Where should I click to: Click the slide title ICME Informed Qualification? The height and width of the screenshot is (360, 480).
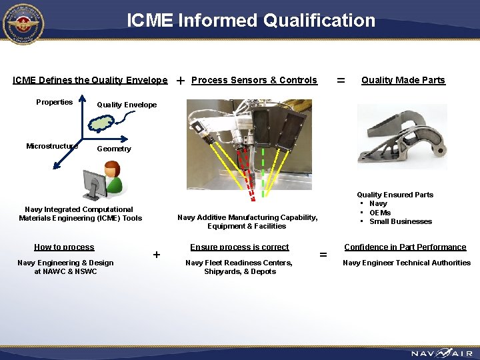click(x=251, y=21)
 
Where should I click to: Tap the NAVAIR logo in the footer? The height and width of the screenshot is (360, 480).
click(x=441, y=353)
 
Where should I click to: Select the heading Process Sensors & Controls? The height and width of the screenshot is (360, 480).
click(x=254, y=80)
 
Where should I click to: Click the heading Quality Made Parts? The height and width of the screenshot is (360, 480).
click(x=403, y=80)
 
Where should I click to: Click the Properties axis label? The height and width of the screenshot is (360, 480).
click(x=55, y=102)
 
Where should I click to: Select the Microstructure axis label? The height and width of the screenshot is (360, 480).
click(x=51, y=146)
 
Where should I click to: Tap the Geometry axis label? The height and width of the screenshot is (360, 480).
click(x=114, y=149)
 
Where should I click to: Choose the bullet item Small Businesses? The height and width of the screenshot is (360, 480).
click(x=400, y=221)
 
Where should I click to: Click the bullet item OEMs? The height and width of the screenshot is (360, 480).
click(x=380, y=213)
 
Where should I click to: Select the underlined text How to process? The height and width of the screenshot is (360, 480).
click(x=64, y=247)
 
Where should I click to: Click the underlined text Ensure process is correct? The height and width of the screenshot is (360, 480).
click(x=239, y=247)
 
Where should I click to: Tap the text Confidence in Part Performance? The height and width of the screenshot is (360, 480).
click(x=405, y=247)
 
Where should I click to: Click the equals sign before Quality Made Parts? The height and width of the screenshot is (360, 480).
click(x=341, y=80)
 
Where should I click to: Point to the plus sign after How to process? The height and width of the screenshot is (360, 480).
click(x=157, y=254)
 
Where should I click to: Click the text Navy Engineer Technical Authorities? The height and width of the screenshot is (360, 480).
click(x=407, y=263)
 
